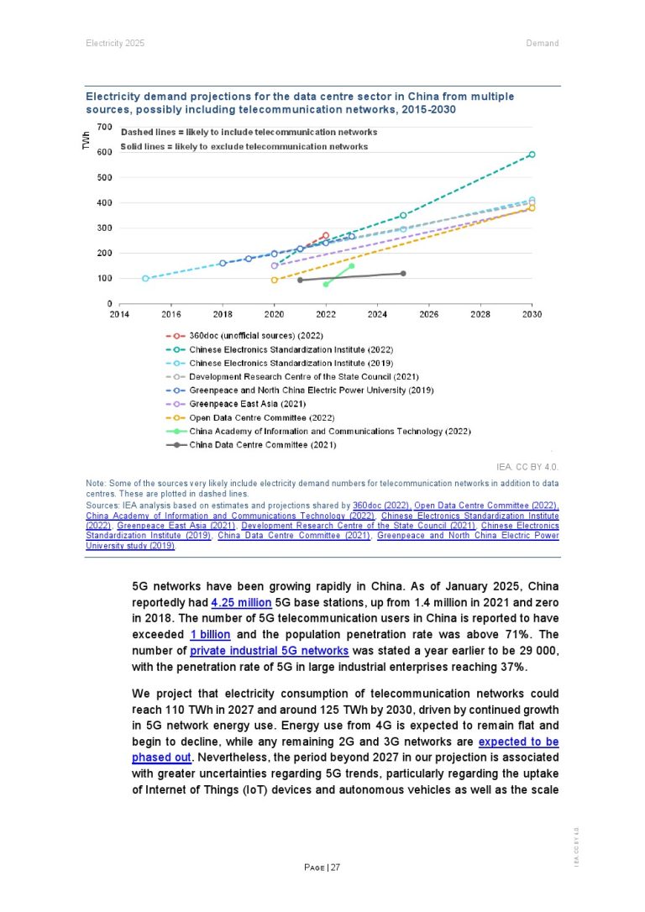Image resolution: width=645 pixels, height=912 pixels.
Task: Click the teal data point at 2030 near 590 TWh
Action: [x=532, y=155]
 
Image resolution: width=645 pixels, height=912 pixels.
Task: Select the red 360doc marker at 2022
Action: [x=326, y=236]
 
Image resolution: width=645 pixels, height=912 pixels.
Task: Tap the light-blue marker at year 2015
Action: [x=145, y=278]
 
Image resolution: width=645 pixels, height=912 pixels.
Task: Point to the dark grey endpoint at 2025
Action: [x=403, y=273]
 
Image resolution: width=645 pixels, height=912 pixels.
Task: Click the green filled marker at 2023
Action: [x=351, y=266]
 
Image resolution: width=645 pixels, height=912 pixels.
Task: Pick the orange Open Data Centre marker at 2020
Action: [x=275, y=280]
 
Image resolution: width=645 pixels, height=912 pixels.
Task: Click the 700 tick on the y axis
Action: [x=104, y=127]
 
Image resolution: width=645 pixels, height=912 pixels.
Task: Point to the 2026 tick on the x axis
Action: [x=428, y=314]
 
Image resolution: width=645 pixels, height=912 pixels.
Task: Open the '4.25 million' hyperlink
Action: [x=241, y=603]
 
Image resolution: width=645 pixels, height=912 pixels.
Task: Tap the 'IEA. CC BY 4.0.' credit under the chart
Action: [x=528, y=465]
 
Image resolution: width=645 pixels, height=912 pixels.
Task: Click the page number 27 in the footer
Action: [x=334, y=867]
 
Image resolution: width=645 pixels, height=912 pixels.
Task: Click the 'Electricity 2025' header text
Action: [x=114, y=43]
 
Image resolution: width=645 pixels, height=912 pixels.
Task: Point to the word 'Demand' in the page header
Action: [x=542, y=43]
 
